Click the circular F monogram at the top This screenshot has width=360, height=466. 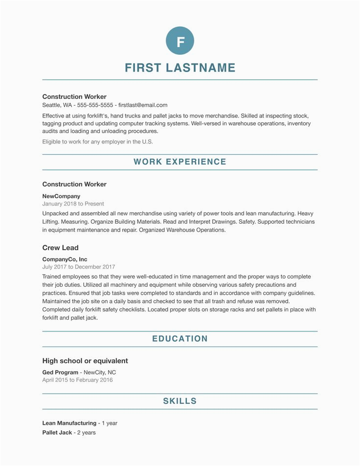[180, 41]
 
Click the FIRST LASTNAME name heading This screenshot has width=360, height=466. [180, 68]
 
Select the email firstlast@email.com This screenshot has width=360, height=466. [143, 105]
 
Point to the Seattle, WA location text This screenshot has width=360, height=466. [57, 105]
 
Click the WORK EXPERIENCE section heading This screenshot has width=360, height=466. [180, 162]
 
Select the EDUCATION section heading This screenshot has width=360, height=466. [180, 339]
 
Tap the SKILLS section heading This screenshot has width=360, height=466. [180, 401]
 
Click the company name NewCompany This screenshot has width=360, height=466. [61, 196]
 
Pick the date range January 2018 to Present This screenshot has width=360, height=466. [73, 204]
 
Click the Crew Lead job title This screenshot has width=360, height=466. [60, 248]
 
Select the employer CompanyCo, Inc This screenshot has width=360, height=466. [65, 259]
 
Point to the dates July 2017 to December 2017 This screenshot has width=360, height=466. [79, 267]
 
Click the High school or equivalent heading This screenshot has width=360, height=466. [85, 361]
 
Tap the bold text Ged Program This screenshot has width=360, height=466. [60, 373]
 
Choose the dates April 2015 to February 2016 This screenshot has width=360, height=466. [77, 380]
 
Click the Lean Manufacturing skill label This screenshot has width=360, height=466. [69, 423]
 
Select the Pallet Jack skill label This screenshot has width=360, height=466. [57, 433]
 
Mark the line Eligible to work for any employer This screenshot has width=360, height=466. [97, 142]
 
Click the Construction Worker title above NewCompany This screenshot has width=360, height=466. [74, 185]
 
